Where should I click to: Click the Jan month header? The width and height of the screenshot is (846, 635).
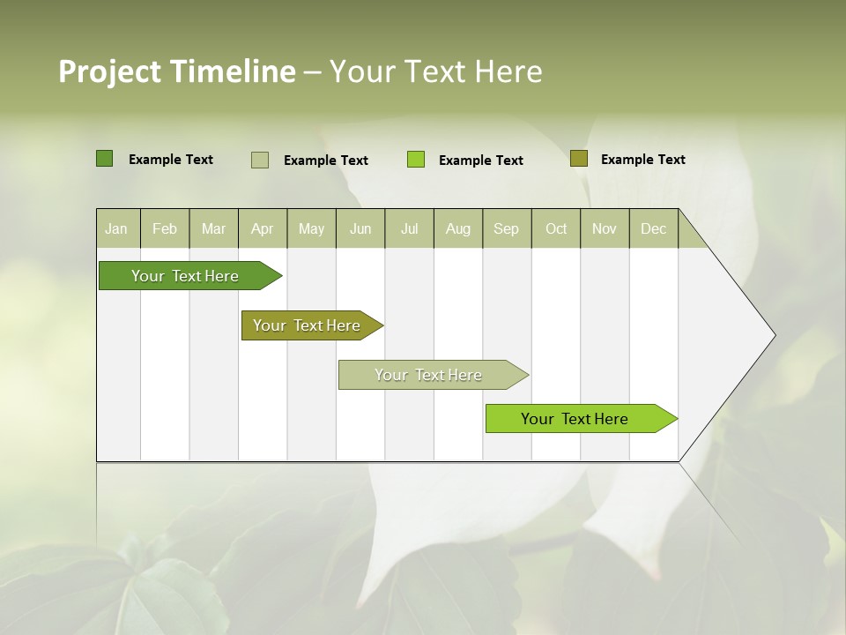coord(117,228)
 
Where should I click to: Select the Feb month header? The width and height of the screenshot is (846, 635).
coord(165,228)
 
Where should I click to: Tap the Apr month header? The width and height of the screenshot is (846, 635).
coord(263,228)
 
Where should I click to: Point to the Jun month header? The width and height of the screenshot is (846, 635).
coord(360,228)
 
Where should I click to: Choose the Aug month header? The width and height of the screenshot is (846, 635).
coord(458,228)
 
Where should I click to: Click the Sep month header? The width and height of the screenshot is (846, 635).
coord(507,228)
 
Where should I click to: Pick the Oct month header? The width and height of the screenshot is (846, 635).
coord(556,228)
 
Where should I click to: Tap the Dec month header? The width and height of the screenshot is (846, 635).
coord(654,228)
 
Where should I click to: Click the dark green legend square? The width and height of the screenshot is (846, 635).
coord(104,159)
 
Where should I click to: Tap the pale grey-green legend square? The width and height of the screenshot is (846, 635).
coord(260,160)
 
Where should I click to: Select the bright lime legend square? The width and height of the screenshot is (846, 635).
coord(416,160)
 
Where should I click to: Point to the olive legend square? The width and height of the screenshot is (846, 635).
coord(578,159)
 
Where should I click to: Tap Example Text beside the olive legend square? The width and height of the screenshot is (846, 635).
coord(642,160)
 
